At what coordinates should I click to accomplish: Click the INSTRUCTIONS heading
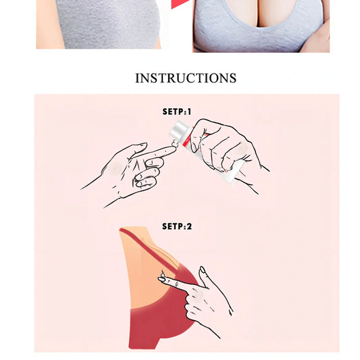186,78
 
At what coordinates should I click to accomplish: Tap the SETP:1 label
177,112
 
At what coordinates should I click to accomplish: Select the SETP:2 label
177,226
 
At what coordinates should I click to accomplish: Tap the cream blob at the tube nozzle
176,143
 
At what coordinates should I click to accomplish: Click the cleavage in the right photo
257,13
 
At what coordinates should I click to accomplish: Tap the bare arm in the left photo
47,24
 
